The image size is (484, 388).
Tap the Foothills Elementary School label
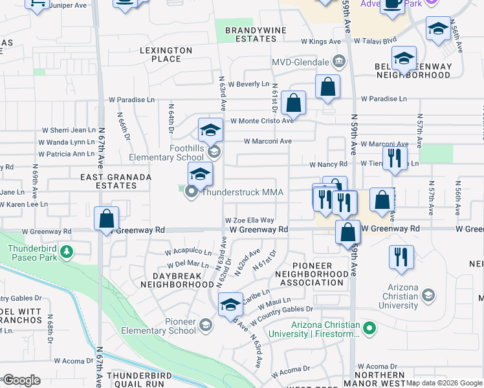(x=167, y=153)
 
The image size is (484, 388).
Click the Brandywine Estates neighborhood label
(x=250, y=34)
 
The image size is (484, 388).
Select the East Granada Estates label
(x=116, y=181)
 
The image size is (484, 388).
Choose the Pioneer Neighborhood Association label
(x=312, y=274)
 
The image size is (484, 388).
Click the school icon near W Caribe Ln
(x=230, y=304)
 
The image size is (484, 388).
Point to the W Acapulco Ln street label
(x=188, y=252)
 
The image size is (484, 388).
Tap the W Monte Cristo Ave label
(x=262, y=120)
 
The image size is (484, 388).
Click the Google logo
(x=21, y=380)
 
